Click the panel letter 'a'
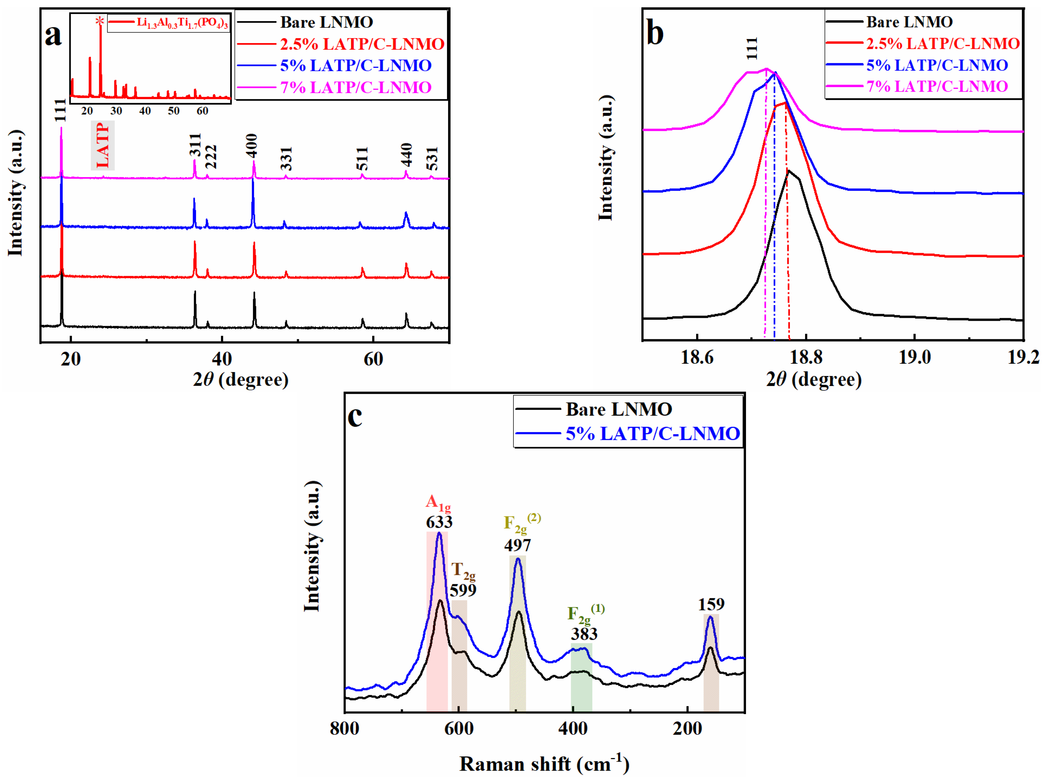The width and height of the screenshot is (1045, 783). [x=53, y=36]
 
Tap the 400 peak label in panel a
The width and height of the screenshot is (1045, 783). [x=252, y=146]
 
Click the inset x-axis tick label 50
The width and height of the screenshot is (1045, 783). [x=173, y=111]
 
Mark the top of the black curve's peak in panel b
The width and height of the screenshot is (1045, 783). [x=788, y=171]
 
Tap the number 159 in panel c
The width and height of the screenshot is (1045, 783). [x=711, y=604]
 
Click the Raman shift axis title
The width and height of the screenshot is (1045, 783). [x=544, y=764]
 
